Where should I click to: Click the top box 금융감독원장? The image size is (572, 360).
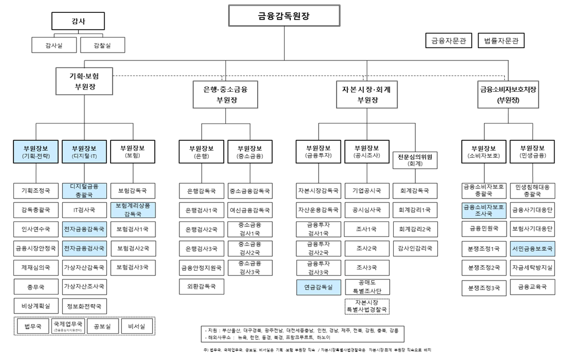click(x=284, y=16)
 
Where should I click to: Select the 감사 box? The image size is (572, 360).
click(x=78, y=21)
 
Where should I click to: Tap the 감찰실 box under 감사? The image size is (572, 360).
click(x=102, y=45)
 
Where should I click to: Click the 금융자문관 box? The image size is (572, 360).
click(x=448, y=41)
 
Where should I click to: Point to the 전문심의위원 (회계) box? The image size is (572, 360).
click(x=415, y=160)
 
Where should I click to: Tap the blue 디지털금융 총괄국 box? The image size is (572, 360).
click(x=84, y=191)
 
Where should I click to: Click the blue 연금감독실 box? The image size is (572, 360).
click(x=318, y=287)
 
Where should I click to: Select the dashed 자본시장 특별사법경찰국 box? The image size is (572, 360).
click(x=367, y=306)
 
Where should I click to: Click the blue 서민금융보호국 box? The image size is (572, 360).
click(x=532, y=248)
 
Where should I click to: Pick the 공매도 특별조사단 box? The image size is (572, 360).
click(x=367, y=286)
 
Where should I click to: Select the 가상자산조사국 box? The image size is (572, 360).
click(x=84, y=286)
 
